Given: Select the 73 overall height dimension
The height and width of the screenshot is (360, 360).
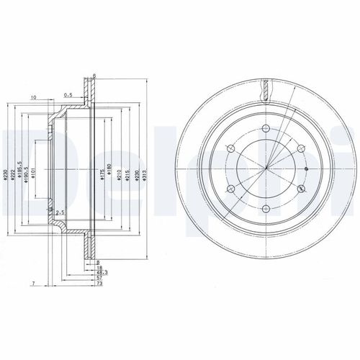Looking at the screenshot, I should point(100,286).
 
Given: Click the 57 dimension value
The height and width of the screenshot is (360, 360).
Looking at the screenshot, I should point(100,279).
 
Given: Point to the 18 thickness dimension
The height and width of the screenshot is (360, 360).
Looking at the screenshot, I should point(100,267).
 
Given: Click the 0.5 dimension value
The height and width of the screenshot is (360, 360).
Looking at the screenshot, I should point(68,94).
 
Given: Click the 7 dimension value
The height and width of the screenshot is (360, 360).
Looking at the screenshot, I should point(33,286).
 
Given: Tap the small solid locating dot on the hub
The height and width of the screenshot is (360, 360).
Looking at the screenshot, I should point(306,171).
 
